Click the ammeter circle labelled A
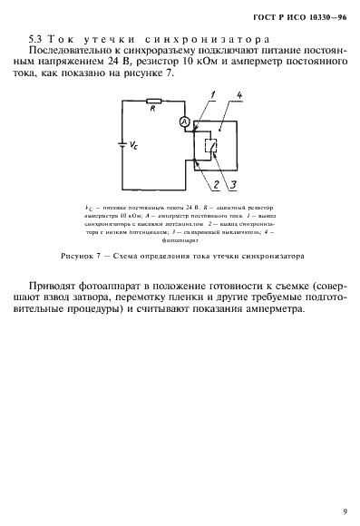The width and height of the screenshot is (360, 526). click(183, 121)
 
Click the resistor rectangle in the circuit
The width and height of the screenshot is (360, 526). click(157, 112)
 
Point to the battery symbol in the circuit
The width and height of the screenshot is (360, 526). click(122, 142)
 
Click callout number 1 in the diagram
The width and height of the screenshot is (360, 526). click(210, 94)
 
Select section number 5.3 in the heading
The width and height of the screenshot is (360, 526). click(35, 41)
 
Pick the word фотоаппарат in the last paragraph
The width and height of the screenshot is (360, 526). click(133, 285)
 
